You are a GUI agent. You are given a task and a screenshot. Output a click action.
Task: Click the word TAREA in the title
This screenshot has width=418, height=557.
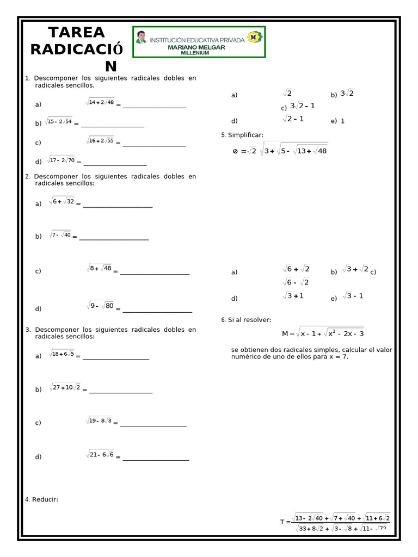pos(76,32)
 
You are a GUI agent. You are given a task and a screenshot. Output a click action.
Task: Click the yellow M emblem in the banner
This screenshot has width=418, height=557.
pos(254,37)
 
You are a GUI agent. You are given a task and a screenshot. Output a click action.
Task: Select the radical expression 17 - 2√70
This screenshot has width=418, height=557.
pos(61,160)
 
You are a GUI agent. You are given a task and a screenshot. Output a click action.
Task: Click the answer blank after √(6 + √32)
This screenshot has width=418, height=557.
pos(117,206)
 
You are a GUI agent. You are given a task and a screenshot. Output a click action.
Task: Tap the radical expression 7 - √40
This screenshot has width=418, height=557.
pos(60,234)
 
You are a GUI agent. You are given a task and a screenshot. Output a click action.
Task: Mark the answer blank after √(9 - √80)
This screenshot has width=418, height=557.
pos(157,312)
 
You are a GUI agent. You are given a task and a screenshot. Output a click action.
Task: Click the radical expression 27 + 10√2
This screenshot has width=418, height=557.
pos(65,387)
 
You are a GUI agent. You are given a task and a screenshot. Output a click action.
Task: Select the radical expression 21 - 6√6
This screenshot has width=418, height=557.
pos(100,455)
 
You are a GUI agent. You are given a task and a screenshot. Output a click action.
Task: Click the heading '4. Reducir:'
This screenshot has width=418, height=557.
pos(42,499)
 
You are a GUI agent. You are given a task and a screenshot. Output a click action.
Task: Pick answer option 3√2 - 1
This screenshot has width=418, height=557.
pos(302,106)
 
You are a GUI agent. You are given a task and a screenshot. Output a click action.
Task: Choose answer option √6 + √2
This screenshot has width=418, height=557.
pos(296,269)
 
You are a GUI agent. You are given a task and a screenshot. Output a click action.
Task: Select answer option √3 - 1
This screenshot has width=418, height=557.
pos(353,296)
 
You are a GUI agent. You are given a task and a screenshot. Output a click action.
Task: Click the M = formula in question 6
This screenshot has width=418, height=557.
pos(323,332)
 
